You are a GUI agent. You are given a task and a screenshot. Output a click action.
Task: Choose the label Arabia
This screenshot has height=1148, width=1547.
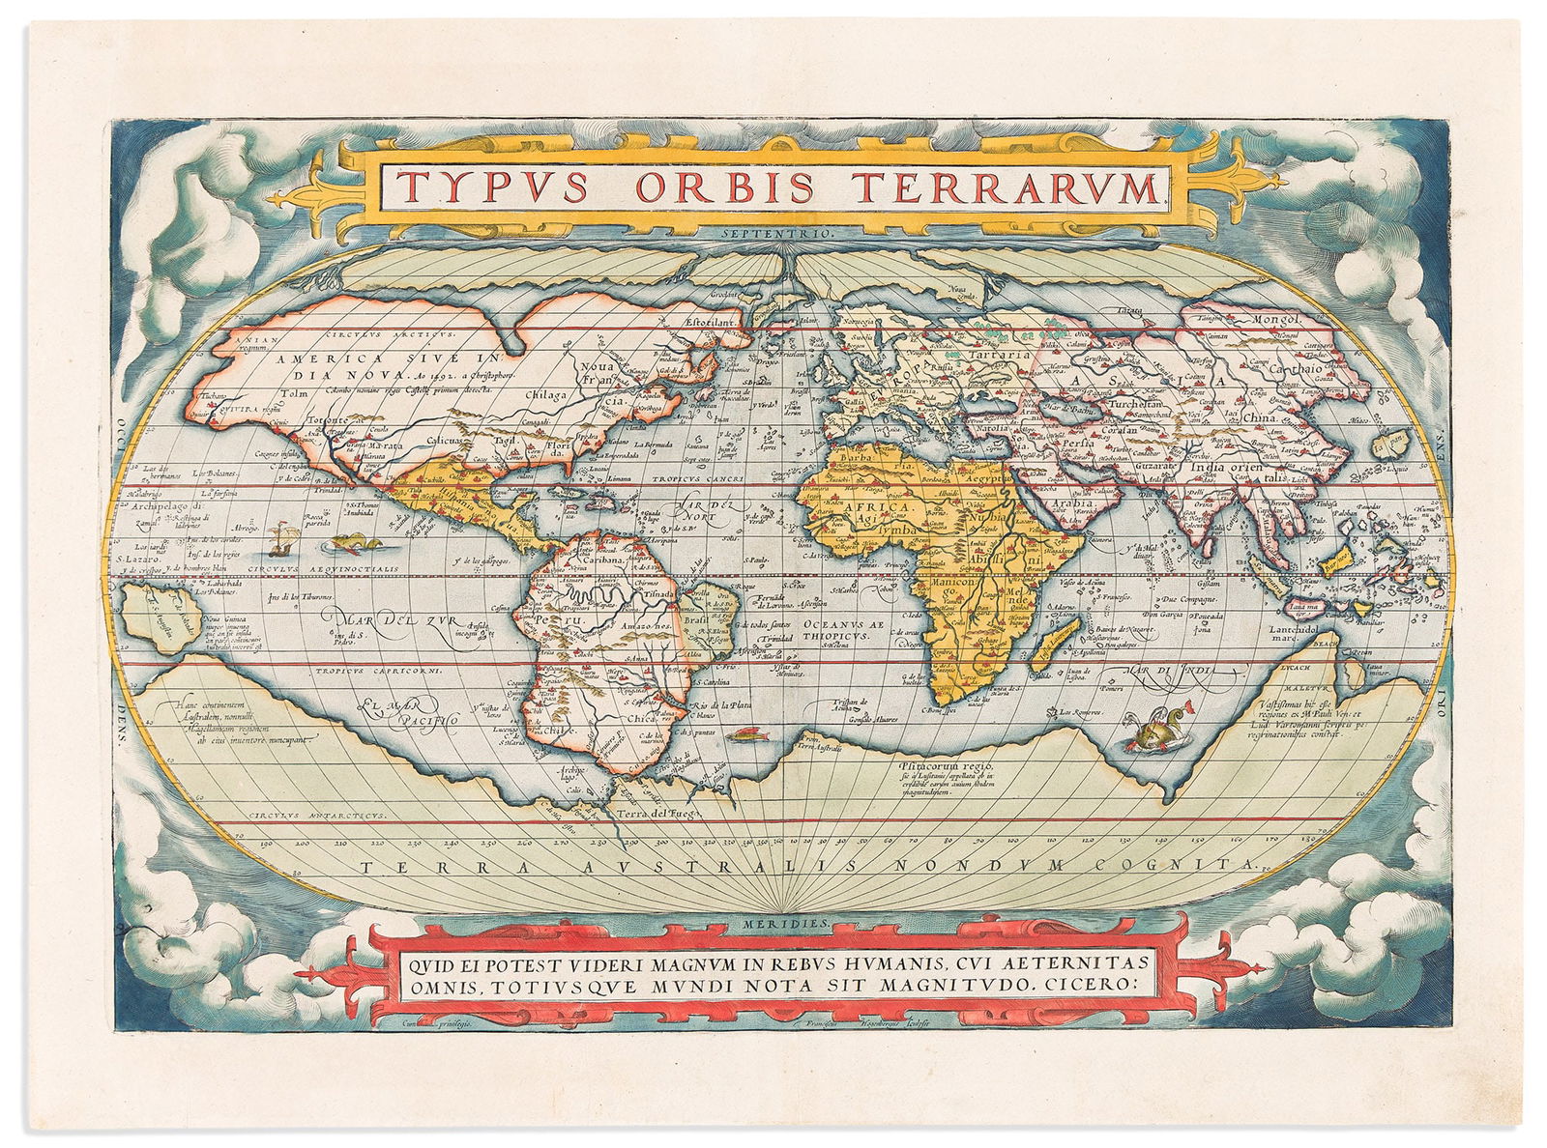click(x=1070, y=503)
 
